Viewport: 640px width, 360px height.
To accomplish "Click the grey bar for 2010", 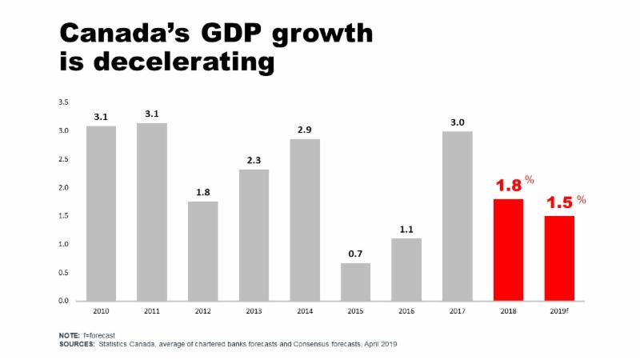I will (101, 213).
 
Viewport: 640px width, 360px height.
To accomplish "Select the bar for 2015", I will (355, 282).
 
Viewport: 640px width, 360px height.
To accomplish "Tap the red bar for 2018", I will (508, 250).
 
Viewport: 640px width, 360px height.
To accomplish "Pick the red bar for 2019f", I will (559, 258).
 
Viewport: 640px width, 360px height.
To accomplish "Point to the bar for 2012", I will (202, 250).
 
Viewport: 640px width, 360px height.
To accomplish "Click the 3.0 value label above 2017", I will (457, 122).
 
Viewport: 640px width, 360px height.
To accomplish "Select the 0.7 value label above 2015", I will (355, 254).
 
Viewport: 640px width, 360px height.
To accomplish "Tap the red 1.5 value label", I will (559, 203).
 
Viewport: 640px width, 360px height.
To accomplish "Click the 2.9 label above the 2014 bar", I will (304, 130).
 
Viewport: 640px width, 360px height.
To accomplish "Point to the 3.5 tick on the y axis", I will (62, 102).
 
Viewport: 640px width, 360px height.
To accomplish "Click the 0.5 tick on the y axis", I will (62, 273).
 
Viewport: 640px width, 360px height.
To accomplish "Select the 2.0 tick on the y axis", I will (62, 188).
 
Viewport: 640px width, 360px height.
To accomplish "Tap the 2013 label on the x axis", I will (254, 311).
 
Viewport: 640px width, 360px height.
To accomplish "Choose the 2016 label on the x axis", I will (406, 311).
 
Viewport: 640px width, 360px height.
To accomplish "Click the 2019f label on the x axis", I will (559, 311).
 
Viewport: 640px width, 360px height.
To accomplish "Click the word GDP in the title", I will (226, 33).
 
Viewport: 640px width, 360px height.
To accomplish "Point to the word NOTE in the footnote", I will (70, 335).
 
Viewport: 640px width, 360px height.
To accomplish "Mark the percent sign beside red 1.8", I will (530, 181).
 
